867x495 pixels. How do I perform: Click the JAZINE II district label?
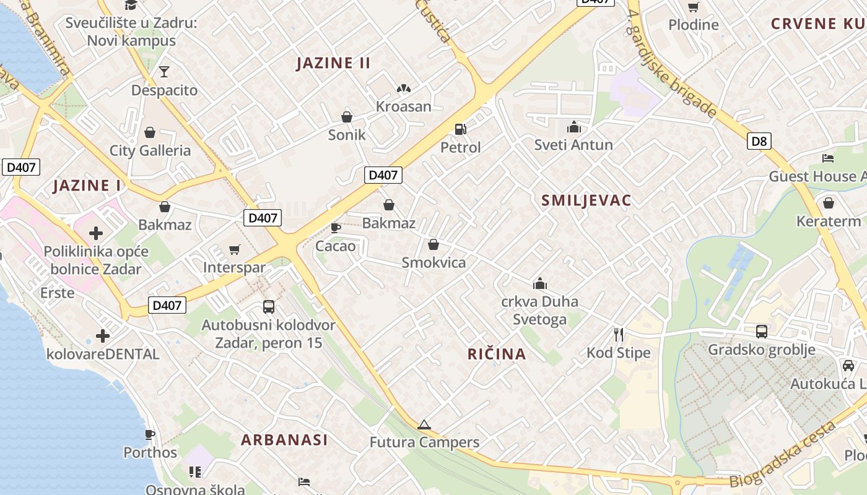[x=333, y=63]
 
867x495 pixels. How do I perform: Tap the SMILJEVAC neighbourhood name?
[x=586, y=200]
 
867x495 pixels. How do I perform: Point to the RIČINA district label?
[x=497, y=354]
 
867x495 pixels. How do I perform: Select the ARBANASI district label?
[x=284, y=440]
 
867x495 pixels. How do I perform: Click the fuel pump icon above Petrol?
[x=460, y=129]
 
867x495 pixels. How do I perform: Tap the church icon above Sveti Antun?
[x=573, y=127]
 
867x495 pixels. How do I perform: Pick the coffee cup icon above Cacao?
[x=336, y=228]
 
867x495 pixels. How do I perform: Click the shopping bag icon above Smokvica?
[x=434, y=244]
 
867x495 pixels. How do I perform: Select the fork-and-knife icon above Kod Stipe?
[x=618, y=335]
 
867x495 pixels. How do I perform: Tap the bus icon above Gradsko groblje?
[x=761, y=332]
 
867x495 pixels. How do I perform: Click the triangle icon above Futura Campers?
[x=424, y=424]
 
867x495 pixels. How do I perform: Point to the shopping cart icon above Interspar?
[x=234, y=249]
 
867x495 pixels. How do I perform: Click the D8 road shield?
[x=759, y=141]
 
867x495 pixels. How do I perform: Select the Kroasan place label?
[x=403, y=106]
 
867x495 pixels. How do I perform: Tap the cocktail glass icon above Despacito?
[x=164, y=72]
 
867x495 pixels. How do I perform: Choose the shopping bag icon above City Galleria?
[x=150, y=132]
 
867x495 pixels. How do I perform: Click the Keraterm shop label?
[x=828, y=221]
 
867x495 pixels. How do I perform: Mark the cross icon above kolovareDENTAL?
[x=103, y=336]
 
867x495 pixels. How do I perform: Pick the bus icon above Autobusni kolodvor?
[x=269, y=306]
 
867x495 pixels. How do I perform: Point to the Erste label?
[x=57, y=293]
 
